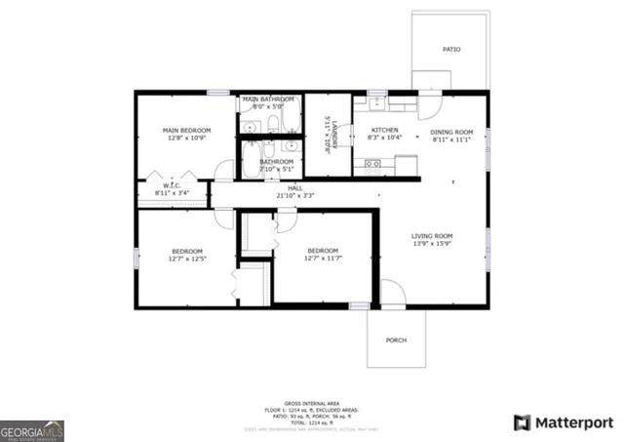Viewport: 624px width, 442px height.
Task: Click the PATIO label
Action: coord(451,49)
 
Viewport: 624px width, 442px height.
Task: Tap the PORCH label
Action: coord(396,340)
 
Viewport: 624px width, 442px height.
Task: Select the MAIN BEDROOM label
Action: coord(184,130)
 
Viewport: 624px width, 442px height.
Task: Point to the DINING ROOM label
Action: coord(452,132)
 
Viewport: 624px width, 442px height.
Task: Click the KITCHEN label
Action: coord(383,130)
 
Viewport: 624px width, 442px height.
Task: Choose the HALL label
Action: coord(294,187)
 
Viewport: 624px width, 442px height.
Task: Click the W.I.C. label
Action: coord(172,185)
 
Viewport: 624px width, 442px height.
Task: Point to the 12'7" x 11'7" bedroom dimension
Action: coord(322,258)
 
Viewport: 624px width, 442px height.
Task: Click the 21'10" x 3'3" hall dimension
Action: coord(294,195)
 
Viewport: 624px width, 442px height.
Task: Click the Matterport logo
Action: coord(564,422)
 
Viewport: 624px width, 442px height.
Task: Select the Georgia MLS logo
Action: coord(32,430)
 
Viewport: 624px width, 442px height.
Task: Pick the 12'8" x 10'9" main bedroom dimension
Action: coord(184,138)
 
